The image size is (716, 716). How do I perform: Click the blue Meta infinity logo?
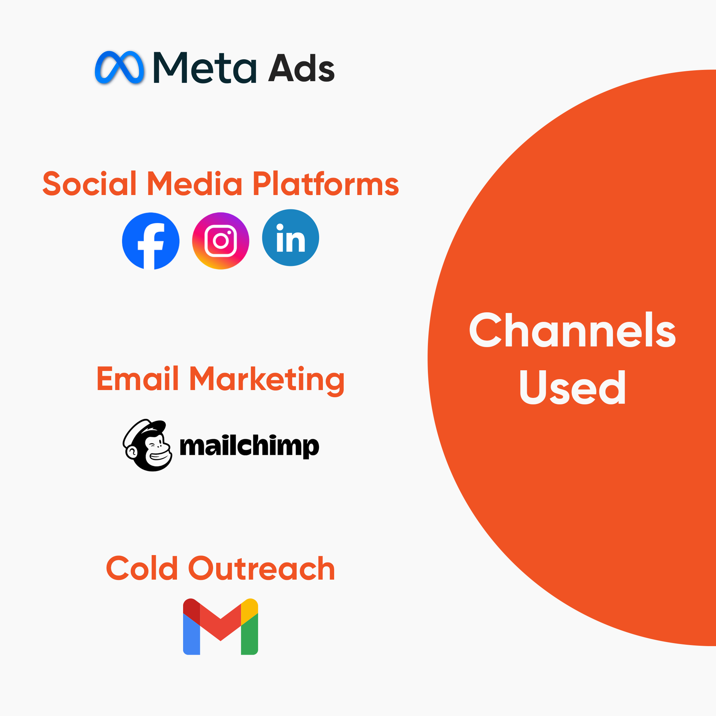tap(119, 68)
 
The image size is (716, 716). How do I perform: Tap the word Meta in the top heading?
tap(205, 68)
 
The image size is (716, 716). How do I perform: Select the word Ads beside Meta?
tap(301, 68)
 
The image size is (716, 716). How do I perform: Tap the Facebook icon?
tap(150, 241)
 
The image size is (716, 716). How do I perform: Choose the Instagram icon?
tap(221, 241)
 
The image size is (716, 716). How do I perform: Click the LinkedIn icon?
tap(290, 238)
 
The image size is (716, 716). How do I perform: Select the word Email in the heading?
tap(137, 379)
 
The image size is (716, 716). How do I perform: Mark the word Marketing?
tap(267, 379)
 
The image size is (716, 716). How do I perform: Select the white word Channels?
tap(572, 330)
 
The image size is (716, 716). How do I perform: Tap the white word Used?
tap(572, 387)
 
